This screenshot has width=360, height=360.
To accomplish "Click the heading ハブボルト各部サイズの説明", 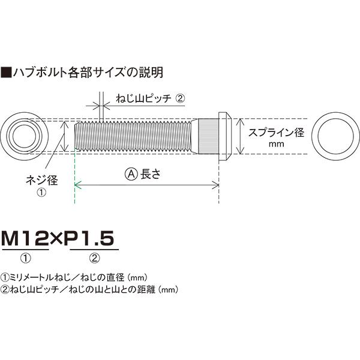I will (x=88, y=73).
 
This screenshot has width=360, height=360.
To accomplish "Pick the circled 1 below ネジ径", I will (x=41, y=192).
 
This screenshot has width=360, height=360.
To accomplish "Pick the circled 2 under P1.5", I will (x=95, y=259).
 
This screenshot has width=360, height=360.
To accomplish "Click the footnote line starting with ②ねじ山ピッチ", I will (x=90, y=289).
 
